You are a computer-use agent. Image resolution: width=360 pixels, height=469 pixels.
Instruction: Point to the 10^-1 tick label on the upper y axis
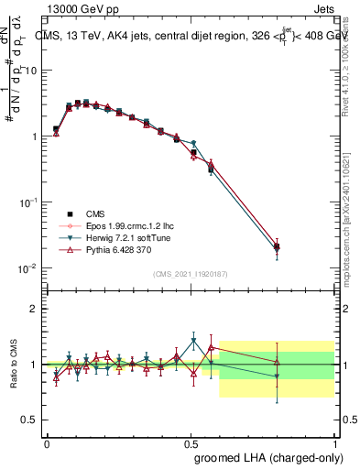pyautogui.click(x=30, y=202)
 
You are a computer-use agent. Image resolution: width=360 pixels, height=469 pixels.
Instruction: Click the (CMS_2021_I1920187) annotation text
pyautogui.click(x=191, y=274)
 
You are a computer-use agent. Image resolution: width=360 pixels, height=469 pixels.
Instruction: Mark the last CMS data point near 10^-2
pyautogui.click(x=278, y=246)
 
